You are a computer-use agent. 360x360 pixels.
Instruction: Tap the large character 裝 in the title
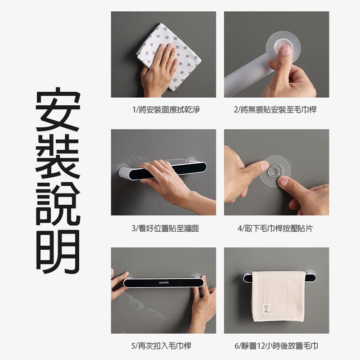[x=58, y=156]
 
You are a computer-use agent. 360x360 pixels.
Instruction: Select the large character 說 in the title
[x=58, y=204]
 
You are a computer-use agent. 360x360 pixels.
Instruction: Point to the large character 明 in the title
[x=58, y=251]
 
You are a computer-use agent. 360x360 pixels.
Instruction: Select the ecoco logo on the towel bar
[x=164, y=283]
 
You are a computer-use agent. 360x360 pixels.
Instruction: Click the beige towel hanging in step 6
[x=279, y=297]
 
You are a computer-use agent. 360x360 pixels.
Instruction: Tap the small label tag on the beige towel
[x=266, y=309]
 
